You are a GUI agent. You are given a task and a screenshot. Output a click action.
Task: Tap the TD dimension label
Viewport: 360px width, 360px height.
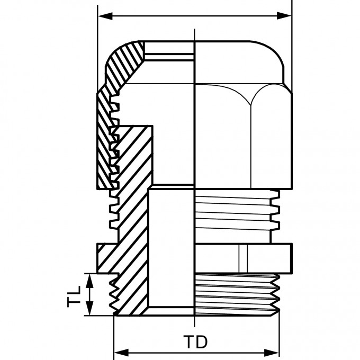(196, 342)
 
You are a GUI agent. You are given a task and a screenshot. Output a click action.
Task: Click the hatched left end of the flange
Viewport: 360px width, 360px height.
(106, 256)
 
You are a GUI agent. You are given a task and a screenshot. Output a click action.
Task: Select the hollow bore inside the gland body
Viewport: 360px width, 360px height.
(172, 249)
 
